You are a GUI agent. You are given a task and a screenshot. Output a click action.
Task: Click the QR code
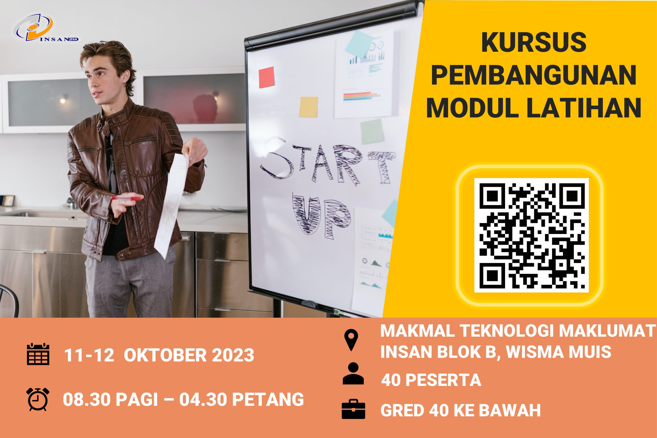(532, 235)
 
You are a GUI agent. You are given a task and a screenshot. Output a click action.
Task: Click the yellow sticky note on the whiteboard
(308, 107)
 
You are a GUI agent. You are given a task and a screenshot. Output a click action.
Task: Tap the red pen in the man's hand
(126, 198)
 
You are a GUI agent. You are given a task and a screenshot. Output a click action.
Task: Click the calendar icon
(38, 354)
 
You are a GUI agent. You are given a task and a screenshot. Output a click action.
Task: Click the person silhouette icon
(353, 374)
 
